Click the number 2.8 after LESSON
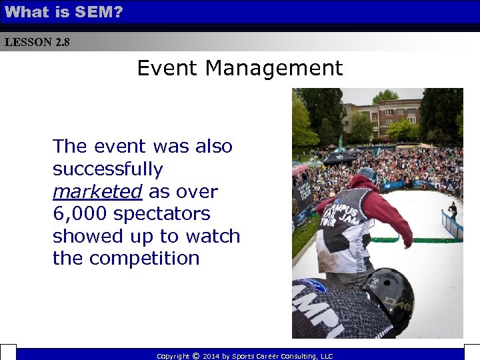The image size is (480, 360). pos(62,42)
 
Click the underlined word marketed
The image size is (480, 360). pos(97,192)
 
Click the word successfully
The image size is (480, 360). pos(107,169)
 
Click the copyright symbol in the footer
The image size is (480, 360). pos(195,356)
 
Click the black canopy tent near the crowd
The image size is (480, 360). pos(339,158)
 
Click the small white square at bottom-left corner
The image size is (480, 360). pos(7,353)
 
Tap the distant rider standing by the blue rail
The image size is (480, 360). pos(453,211)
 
